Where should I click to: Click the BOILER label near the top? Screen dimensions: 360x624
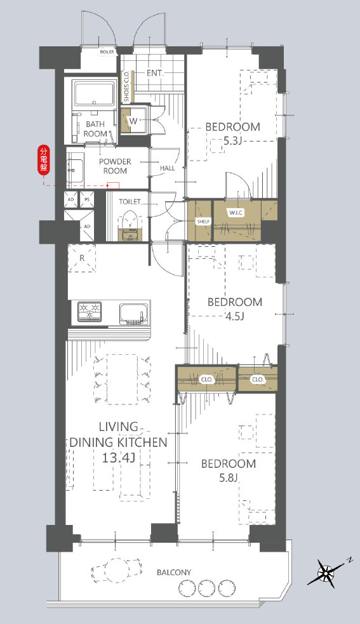107,52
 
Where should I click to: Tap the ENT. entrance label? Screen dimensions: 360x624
155,73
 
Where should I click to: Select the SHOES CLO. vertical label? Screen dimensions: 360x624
126,86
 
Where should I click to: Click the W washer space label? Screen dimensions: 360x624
133,121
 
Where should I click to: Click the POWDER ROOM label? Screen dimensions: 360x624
115,166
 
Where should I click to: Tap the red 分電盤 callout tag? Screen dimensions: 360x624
43,160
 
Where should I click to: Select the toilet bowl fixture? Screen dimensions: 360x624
129,225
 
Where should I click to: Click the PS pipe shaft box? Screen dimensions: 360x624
87,199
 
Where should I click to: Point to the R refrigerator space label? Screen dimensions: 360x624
82,258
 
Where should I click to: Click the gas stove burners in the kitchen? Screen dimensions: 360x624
89,311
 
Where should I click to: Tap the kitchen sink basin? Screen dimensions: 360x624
133,314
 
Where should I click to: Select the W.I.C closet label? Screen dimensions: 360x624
236,213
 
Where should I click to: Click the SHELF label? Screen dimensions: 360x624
203,222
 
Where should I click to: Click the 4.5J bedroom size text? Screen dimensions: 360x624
234,317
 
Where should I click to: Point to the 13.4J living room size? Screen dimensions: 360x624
118,458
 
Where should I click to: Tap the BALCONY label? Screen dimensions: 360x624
173,573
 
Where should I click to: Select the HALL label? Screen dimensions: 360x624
167,168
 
